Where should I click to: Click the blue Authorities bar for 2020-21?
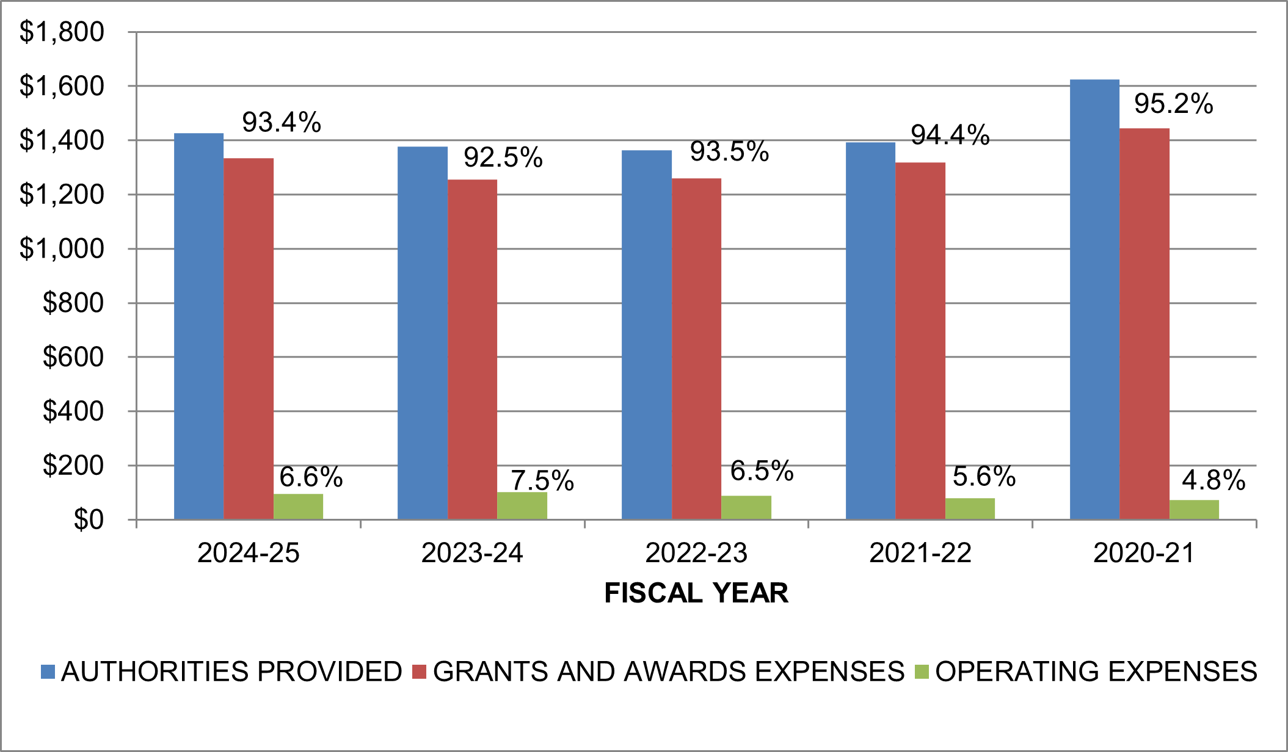point(1094,299)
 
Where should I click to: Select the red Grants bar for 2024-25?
point(249,339)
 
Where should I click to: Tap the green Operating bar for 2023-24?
point(522,506)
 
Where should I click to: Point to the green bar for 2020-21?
point(1194,510)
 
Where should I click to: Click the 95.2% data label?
point(1173,104)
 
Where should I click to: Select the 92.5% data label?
point(503,157)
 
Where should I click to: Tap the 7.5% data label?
point(542,480)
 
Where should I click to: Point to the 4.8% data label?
point(1213,480)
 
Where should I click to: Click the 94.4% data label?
point(950,135)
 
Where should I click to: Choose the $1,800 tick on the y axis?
point(62,32)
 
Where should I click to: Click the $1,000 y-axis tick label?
point(62,248)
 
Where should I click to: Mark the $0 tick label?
point(89,519)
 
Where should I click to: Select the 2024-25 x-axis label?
point(249,553)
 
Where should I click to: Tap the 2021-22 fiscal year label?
point(920,553)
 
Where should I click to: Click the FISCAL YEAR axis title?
point(696,593)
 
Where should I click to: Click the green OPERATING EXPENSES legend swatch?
point(922,672)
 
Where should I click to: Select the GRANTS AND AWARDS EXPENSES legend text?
point(668,671)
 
